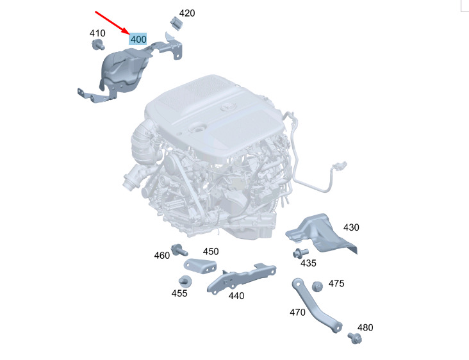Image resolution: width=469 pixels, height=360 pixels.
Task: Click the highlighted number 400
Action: click(x=138, y=39)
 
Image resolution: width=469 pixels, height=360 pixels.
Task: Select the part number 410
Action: click(x=97, y=33)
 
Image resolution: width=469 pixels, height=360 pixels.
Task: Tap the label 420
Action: click(x=187, y=13)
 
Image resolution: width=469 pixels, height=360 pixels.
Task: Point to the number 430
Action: click(x=351, y=227)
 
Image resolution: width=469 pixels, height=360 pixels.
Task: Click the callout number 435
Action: click(x=308, y=263)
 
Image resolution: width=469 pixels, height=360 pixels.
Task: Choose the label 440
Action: click(x=236, y=296)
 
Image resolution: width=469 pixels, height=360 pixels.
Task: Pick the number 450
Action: click(x=211, y=252)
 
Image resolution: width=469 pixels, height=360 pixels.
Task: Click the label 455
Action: click(x=179, y=293)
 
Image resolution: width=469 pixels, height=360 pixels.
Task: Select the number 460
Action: click(x=162, y=256)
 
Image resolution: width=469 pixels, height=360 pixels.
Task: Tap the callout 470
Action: click(x=298, y=313)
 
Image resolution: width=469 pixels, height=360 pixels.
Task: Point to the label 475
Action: click(x=336, y=284)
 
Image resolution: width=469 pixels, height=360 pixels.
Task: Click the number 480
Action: click(x=365, y=328)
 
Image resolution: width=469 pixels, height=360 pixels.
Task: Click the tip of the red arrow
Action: click(x=129, y=33)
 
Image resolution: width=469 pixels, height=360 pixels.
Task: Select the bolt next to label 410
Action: click(x=98, y=45)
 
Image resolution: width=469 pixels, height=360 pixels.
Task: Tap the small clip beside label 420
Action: click(x=176, y=23)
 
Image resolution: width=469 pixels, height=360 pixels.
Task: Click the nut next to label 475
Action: click(x=317, y=286)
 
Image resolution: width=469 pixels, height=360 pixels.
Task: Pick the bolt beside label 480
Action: click(x=355, y=338)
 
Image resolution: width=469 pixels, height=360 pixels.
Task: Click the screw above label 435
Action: click(x=300, y=252)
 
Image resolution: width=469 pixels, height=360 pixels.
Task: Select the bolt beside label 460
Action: click(x=179, y=250)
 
